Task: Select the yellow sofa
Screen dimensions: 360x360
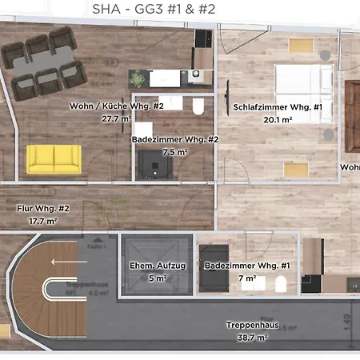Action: [x=54, y=158]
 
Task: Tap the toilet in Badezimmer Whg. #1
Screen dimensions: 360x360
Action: [x=281, y=284]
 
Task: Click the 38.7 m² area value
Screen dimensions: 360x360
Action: [x=251, y=338]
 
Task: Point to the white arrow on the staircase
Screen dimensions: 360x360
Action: [x=62, y=260]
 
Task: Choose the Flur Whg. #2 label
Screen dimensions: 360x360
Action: [x=43, y=208]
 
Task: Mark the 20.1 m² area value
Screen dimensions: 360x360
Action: [x=278, y=119]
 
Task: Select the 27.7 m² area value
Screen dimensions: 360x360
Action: [x=116, y=118]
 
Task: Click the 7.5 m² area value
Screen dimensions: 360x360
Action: [x=174, y=150]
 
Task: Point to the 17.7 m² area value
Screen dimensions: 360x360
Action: [x=42, y=220]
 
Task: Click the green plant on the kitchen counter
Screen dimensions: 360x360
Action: [x=139, y=79]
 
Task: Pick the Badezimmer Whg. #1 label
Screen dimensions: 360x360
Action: [x=241, y=266]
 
